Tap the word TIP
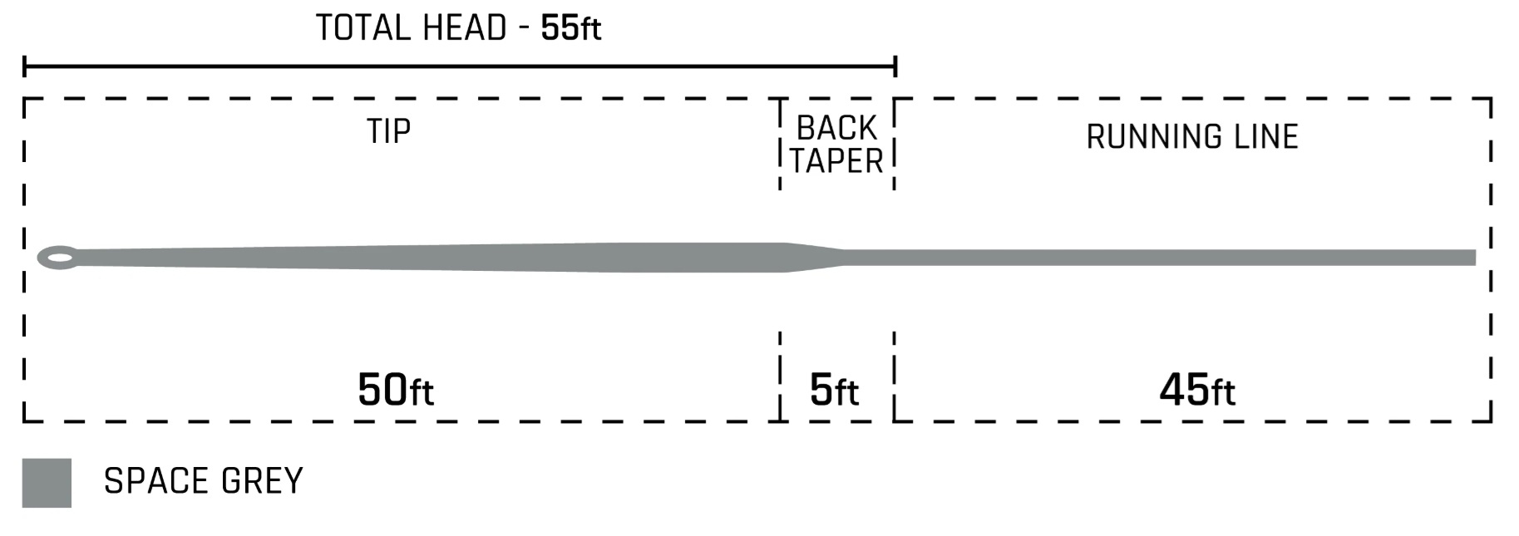click(x=388, y=131)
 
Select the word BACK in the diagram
click(x=836, y=128)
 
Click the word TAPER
click(x=836, y=161)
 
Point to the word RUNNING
click(x=1152, y=137)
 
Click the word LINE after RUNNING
click(x=1266, y=137)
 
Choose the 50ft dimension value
click(x=395, y=390)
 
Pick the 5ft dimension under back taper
click(x=834, y=390)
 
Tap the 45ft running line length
click(x=1196, y=390)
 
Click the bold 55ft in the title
click(x=570, y=28)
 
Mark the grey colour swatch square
click(x=47, y=483)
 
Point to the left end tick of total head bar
click(x=25, y=66)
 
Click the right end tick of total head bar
click(x=895, y=66)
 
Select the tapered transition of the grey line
click(x=816, y=258)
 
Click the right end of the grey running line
click(x=1472, y=258)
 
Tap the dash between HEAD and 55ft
click(x=524, y=30)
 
